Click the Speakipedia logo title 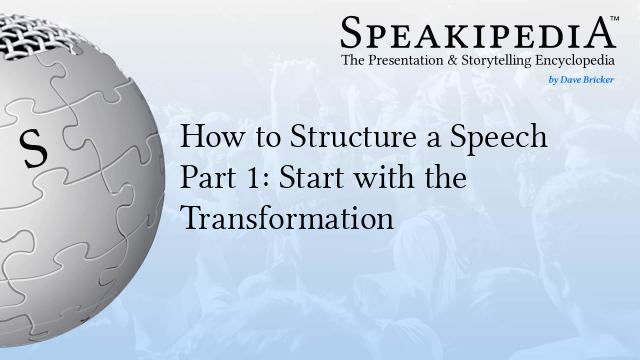pyautogui.click(x=477, y=32)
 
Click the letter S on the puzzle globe pyautogui.click(x=33, y=151)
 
